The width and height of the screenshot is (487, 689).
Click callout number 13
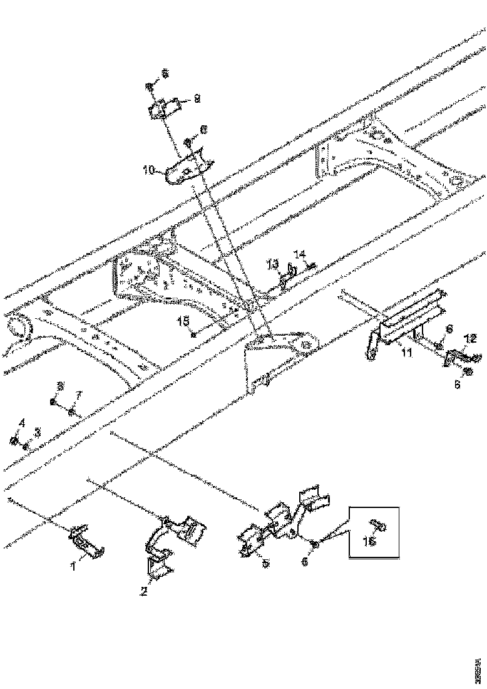[274, 264]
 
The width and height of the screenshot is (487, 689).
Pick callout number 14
[300, 255]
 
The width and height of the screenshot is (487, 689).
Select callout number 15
[184, 321]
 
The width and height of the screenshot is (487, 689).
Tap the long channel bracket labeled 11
[410, 323]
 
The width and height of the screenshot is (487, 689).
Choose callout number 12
[470, 339]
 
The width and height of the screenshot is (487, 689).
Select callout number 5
[265, 564]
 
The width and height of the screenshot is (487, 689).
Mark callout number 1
[73, 567]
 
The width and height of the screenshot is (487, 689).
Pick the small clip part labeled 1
[86, 541]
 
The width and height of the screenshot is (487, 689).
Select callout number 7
[79, 395]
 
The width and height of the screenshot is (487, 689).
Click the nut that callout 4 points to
[14, 442]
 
